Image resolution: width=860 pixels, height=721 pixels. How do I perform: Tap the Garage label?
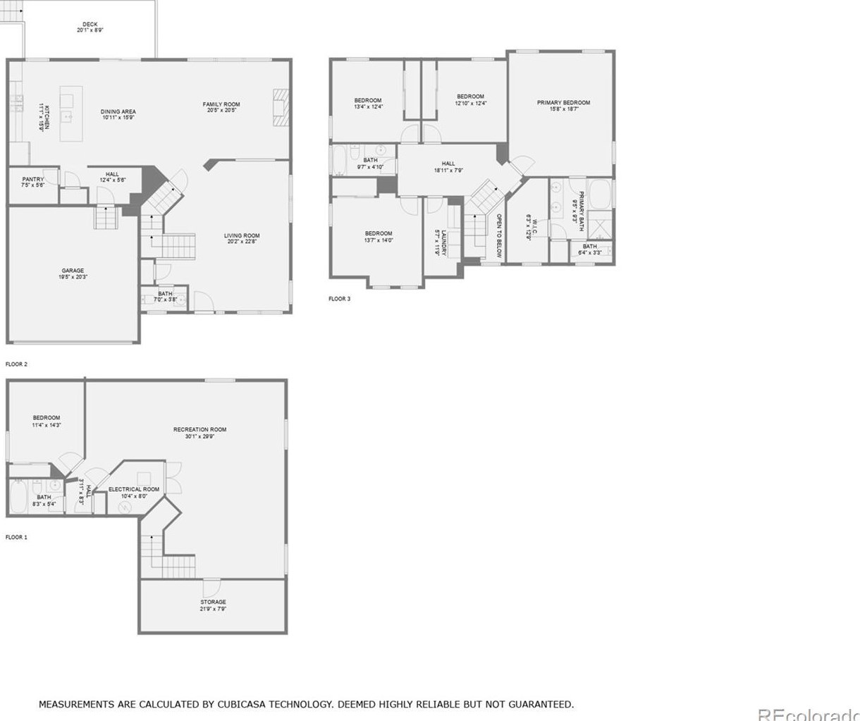[x=73, y=271]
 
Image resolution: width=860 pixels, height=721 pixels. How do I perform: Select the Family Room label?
[x=221, y=104]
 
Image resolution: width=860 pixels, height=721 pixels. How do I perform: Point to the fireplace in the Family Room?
[x=281, y=107]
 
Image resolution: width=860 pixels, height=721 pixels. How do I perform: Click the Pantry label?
[x=33, y=180]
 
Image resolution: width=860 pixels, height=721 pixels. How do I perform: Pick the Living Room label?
[x=242, y=236]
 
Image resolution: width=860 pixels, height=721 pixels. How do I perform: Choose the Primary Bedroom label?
[x=563, y=103]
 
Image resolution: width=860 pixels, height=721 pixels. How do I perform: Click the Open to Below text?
[x=498, y=236]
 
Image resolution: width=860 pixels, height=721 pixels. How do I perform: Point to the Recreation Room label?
[x=200, y=429]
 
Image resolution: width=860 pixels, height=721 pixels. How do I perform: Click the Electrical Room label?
[x=134, y=489]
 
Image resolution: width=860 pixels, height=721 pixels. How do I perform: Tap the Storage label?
[x=213, y=602]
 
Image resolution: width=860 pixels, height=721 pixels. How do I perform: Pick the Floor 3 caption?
[x=339, y=299]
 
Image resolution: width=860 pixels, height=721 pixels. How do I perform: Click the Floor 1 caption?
[x=16, y=537]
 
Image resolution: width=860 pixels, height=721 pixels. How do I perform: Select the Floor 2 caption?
[x=16, y=364]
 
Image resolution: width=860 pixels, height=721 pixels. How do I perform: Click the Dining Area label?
[x=118, y=111]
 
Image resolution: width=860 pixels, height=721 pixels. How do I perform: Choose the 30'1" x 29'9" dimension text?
[x=200, y=436]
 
